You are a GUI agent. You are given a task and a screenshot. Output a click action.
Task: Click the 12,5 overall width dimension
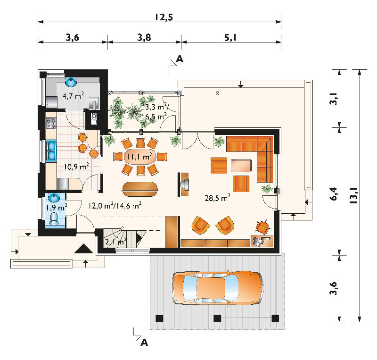tap(164, 17)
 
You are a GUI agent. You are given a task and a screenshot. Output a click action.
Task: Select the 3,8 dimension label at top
tap(144, 37)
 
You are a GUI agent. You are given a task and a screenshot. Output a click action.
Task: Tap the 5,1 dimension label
tap(230, 37)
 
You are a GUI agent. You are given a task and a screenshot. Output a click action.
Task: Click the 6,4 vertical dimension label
tap(333, 194)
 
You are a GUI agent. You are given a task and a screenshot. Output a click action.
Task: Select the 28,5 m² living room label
tap(218, 198)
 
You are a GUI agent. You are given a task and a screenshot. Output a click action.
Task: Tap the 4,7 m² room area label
tap(73, 96)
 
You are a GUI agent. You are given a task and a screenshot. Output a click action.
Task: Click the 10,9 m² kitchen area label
tap(76, 166)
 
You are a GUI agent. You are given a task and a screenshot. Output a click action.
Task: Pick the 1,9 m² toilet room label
tap(57, 207)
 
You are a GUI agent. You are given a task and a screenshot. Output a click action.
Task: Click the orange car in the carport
tap(218, 288)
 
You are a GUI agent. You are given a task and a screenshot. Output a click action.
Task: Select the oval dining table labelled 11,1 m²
tap(139, 157)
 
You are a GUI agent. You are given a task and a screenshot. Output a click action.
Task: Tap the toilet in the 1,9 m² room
tap(54, 218)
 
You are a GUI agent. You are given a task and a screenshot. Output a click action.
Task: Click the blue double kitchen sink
tap(51, 151)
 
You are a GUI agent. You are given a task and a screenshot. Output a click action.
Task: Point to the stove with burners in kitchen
tap(51, 123)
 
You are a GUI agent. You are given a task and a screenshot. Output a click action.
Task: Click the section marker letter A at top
tap(180, 59)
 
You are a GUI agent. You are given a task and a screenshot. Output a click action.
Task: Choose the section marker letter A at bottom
tap(144, 343)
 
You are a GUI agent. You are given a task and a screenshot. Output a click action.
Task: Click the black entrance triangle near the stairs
tap(83, 249)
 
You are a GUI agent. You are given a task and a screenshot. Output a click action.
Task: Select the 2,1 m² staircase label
tap(115, 241)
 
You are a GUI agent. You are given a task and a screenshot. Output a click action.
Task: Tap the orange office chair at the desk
tap(262, 227)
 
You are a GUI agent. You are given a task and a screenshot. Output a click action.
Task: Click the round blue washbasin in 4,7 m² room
tap(71, 82)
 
